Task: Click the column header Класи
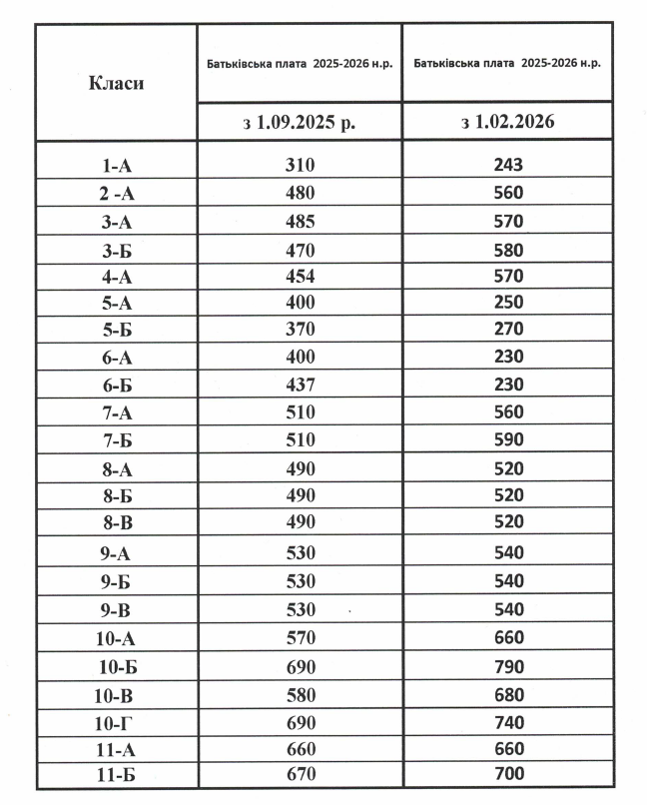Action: [116, 83]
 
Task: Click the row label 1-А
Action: [116, 166]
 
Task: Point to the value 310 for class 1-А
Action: [300, 165]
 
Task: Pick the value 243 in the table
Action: [508, 165]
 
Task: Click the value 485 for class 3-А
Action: [300, 221]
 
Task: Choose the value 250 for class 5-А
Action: [508, 302]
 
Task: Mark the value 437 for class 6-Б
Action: [300, 385]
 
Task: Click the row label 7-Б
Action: [116, 440]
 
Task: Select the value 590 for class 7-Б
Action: [508, 439]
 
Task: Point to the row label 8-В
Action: [116, 522]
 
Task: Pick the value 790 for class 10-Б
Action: [508, 666]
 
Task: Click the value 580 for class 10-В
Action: [300, 694]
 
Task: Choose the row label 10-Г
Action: [116, 722]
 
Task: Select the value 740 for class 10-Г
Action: [508, 721]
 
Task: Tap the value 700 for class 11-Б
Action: [508, 774]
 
